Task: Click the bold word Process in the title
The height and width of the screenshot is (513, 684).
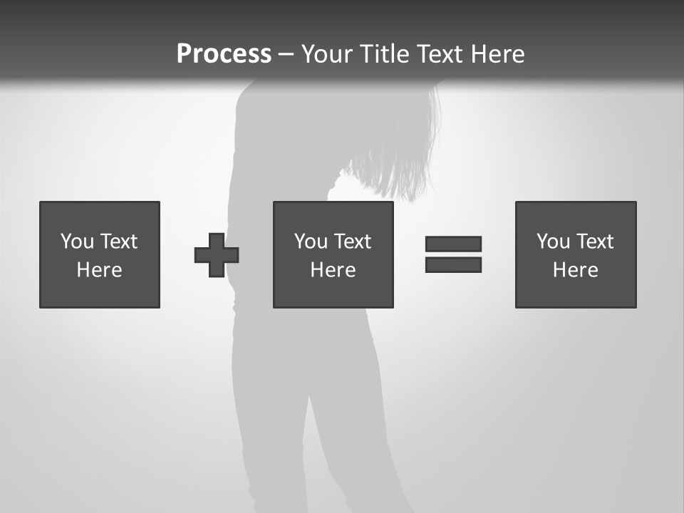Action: [224, 54]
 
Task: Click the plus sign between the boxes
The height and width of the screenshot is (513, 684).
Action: [217, 255]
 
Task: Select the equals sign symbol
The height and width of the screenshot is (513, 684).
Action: [453, 254]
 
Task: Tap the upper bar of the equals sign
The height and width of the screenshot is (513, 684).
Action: [453, 244]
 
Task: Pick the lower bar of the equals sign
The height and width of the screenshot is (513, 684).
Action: [453, 264]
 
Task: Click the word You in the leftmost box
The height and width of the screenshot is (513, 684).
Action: [77, 242]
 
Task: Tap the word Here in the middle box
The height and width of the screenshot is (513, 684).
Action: [333, 270]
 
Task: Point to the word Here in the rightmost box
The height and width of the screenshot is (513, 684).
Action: [576, 270]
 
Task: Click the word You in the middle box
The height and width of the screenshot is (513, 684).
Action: [311, 242]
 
